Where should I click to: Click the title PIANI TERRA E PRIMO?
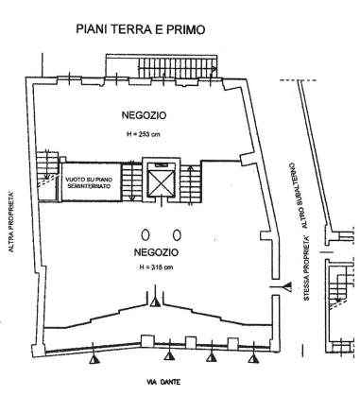click(x=141, y=29)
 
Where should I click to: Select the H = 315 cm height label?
click(x=156, y=267)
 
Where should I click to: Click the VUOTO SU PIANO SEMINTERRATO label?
click(x=89, y=182)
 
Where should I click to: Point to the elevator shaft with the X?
click(x=162, y=182)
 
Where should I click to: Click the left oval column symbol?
click(x=146, y=234)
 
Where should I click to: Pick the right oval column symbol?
click(x=178, y=234)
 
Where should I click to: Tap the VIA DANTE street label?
click(x=163, y=382)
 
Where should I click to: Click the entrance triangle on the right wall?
click(x=287, y=287)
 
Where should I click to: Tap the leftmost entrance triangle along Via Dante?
click(x=94, y=358)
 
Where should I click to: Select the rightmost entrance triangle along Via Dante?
click(x=253, y=358)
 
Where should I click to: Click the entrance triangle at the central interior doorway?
click(x=155, y=301)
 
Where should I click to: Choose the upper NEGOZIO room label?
click(x=144, y=115)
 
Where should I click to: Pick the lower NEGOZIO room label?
click(x=156, y=252)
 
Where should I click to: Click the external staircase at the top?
click(x=178, y=67)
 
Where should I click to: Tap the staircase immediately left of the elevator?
click(x=132, y=182)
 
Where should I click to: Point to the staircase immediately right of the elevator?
click(x=191, y=182)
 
